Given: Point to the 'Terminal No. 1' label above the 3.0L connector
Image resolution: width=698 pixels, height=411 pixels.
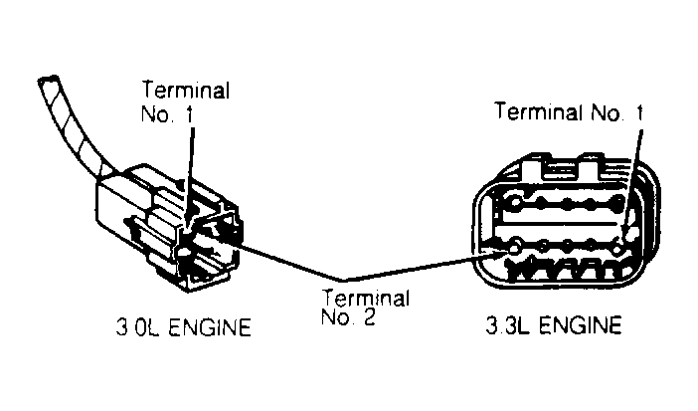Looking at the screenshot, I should click(186, 101).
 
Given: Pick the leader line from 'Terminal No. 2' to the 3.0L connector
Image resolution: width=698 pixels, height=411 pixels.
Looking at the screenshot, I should click(288, 257).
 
